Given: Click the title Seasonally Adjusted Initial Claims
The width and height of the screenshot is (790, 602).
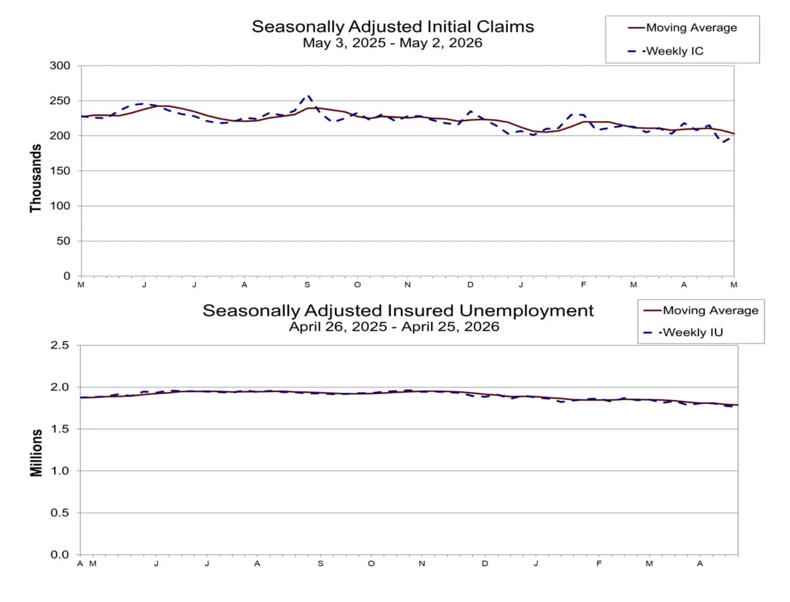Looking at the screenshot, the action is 392,26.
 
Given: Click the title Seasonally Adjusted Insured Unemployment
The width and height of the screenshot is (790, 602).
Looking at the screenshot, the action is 398,311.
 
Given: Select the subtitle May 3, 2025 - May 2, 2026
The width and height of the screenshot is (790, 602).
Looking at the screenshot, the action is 392,43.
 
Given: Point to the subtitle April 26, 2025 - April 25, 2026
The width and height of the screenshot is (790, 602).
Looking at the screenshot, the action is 394,326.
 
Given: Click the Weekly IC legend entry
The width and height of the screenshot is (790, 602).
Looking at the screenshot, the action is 675,51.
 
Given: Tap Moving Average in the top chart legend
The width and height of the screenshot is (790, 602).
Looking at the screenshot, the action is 691,28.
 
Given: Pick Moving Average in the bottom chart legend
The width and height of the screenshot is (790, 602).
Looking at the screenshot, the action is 710,311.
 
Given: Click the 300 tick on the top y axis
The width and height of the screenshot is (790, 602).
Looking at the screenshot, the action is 60,65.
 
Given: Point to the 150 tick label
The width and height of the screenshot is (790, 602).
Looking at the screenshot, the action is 60,171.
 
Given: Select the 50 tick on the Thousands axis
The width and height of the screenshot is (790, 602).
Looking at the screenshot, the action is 63,241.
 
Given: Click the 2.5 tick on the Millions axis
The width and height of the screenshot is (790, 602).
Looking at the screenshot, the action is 60,345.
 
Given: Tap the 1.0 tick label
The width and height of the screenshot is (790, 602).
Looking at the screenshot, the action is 60,470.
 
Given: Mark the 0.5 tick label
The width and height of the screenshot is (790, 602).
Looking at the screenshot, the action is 60,513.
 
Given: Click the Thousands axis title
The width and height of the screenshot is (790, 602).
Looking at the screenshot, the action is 36,178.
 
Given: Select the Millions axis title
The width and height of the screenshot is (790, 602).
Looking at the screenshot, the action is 36,453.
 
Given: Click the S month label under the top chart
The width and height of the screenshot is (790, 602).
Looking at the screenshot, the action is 307,285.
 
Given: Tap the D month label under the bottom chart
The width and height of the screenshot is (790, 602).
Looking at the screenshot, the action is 485,564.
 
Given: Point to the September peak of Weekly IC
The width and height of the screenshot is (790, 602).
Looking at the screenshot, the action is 308,96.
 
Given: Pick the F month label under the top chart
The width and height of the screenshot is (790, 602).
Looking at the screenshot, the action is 583,285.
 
